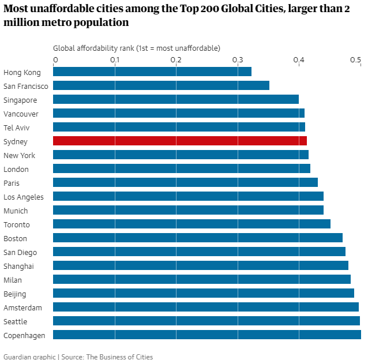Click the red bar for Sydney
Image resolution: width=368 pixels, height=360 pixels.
[x=180, y=141]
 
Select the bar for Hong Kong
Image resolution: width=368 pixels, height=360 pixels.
[x=152, y=72]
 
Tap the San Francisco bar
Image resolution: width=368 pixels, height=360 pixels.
[x=161, y=85]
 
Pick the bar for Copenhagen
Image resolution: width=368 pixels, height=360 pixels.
[x=207, y=335]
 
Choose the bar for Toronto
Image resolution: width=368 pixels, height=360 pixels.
[x=191, y=224]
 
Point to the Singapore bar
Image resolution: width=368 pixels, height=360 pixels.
[x=176, y=99]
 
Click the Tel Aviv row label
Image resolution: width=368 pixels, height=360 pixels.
[x=16, y=127]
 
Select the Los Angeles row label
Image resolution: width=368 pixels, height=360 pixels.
[x=24, y=197]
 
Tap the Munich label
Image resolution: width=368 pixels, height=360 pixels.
[x=16, y=211]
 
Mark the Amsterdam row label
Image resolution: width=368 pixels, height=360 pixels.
[x=23, y=307]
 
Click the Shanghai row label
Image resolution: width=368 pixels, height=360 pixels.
[x=18, y=266]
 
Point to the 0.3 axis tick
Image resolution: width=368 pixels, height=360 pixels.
[x=238, y=59]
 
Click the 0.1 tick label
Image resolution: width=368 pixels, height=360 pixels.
[x=115, y=59]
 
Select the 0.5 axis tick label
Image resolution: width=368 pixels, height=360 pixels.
[x=356, y=59]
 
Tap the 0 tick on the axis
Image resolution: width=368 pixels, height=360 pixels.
[x=55, y=59]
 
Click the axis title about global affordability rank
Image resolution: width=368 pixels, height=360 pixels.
[x=137, y=48]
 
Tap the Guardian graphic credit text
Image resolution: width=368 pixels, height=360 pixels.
[x=29, y=357]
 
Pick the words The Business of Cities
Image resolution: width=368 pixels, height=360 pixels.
[x=119, y=357]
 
